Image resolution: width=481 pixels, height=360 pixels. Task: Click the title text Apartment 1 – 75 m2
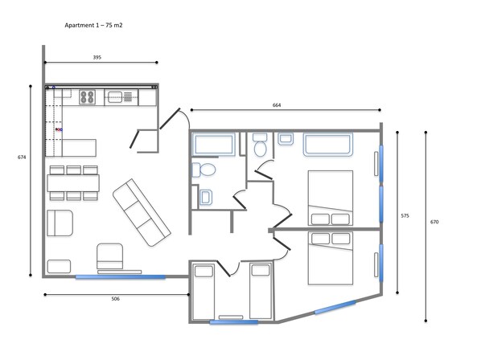93,25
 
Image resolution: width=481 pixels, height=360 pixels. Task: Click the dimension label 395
97,57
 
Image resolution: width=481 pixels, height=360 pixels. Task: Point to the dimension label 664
277,105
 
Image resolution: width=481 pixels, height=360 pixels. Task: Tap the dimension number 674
22,157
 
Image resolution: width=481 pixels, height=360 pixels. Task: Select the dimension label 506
115,299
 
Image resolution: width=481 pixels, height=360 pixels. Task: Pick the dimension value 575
405,215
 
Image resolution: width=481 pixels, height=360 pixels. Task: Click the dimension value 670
434,222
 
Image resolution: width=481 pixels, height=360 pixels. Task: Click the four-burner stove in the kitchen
87,96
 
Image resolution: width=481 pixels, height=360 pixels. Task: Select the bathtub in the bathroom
213,144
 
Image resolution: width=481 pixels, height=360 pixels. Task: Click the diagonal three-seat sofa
142,213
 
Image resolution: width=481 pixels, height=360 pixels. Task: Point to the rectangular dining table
73,183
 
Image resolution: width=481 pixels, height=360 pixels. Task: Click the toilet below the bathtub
204,170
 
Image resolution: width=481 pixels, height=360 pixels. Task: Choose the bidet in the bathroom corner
206,197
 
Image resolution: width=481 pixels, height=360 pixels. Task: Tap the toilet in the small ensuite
260,145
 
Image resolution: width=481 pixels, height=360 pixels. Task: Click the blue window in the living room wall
121,277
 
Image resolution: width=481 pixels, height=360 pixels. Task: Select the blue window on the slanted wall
335,307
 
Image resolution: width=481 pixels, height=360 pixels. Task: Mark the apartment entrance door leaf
170,119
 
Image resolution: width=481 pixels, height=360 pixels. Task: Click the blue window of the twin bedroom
234,322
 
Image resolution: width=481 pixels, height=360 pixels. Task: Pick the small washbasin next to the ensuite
286,139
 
